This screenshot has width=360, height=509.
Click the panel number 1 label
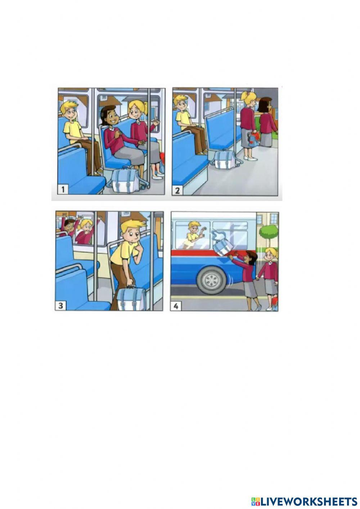tap(63, 189)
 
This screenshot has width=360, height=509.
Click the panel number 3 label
tap(60, 305)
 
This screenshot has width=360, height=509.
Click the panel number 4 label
tap(175, 306)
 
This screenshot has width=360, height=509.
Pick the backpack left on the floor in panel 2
tap(224, 159)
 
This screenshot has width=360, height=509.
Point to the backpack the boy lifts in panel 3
tap(132, 299)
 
